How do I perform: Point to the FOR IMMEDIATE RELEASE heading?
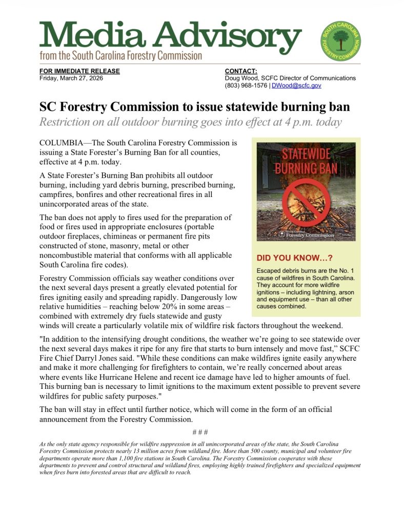(79, 71)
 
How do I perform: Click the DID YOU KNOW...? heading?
(294, 259)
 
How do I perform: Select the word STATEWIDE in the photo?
(306, 155)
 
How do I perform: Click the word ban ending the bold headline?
(338, 107)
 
